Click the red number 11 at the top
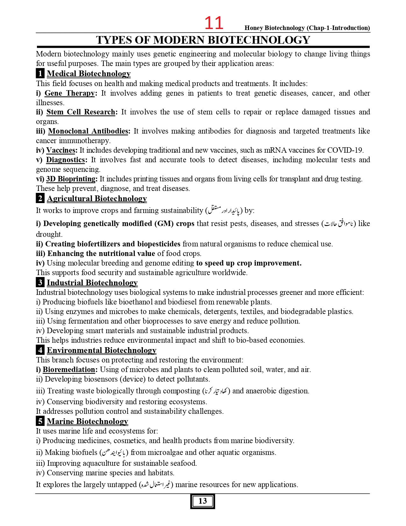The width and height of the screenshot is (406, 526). pyautogui.click(x=214, y=23)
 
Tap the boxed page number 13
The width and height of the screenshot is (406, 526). pyautogui.click(x=203, y=501)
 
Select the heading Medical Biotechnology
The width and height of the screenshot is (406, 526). pyautogui.click(x=89, y=74)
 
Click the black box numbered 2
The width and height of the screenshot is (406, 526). pyautogui.click(x=40, y=199)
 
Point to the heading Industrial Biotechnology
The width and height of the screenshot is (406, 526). pyautogui.click(x=92, y=283)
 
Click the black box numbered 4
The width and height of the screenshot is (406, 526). pyautogui.click(x=40, y=350)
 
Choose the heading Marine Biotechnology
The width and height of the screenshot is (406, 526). pyautogui.click(x=87, y=421)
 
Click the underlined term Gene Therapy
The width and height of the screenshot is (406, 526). pyautogui.click(x=69, y=93)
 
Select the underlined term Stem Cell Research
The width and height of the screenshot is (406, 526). pyautogui.click(x=81, y=112)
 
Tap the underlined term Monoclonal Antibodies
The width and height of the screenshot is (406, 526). pyautogui.click(x=88, y=131)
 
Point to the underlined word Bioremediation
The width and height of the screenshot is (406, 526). pyautogui.click(x=69, y=369)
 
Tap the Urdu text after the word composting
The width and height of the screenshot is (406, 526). pyautogui.click(x=216, y=391)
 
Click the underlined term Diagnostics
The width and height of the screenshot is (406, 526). pyautogui.click(x=65, y=160)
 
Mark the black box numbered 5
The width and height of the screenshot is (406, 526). pyautogui.click(x=40, y=421)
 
